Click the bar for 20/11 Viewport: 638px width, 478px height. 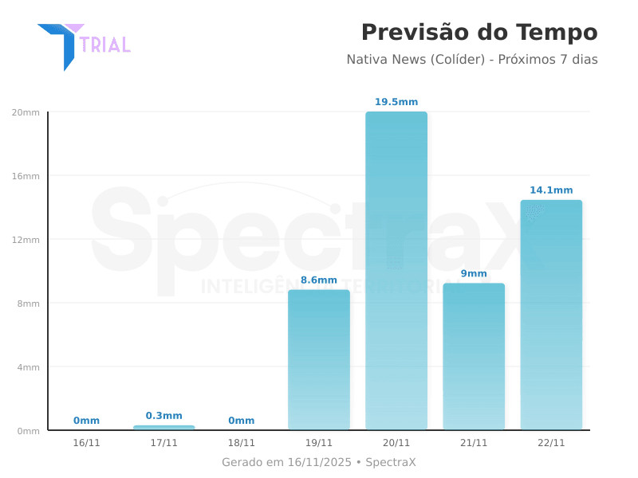(396, 271)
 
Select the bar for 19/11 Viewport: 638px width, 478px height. (319, 360)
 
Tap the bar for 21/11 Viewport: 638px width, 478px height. (474, 357)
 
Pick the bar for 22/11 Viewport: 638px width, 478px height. (551, 315)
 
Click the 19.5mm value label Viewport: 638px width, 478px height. (396, 102)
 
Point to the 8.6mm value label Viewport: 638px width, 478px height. (319, 280)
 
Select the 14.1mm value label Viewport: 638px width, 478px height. (551, 190)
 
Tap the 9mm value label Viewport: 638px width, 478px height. (474, 274)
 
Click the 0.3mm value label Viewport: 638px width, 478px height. (164, 416)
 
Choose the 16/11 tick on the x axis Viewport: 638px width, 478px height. (86, 443)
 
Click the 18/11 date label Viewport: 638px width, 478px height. (242, 443)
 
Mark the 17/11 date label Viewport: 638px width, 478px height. (164, 443)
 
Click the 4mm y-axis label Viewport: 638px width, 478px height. (28, 367)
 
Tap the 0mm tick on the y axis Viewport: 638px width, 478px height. (28, 431)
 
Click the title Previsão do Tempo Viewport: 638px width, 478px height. (478, 33)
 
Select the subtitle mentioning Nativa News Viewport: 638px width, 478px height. (471, 60)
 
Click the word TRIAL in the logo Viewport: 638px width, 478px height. (105, 45)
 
